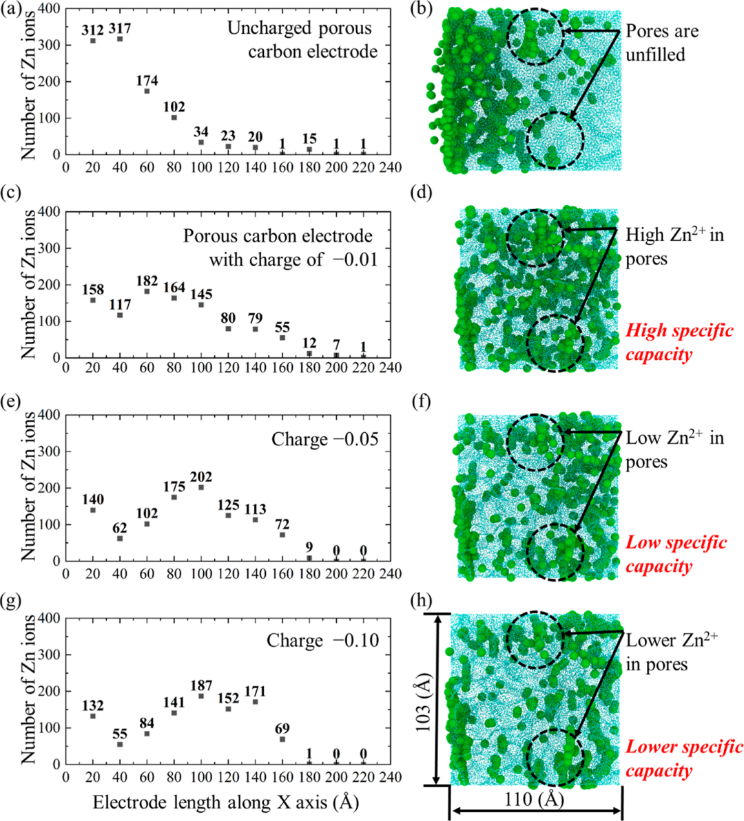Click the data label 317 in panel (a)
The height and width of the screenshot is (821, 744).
click(120, 28)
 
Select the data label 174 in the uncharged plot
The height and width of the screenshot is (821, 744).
click(147, 81)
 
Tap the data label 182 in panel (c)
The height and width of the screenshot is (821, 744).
click(147, 281)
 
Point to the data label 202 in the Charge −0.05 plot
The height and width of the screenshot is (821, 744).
click(201, 477)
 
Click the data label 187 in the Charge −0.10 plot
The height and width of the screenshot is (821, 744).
click(201, 685)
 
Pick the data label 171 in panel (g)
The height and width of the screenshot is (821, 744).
click(256, 691)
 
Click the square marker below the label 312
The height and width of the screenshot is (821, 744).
click(93, 41)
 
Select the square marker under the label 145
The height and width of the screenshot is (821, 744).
click(201, 305)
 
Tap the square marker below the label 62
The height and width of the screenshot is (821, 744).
click(120, 538)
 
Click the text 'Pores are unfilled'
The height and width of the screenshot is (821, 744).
click(662, 43)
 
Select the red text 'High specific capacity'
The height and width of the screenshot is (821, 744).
click(679, 343)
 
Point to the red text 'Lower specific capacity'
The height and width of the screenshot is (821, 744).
click(683, 758)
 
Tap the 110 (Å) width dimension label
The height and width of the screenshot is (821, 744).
click(535, 799)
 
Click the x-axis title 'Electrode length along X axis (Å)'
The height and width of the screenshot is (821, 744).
click(226, 802)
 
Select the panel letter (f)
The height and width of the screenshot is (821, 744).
click(421, 402)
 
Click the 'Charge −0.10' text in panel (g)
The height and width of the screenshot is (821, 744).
click(322, 641)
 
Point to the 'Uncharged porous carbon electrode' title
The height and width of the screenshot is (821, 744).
click(302, 40)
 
